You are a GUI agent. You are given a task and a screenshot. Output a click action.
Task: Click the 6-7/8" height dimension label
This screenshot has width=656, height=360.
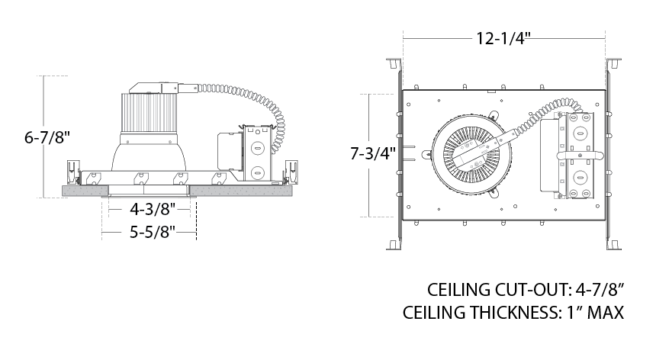click(47, 137)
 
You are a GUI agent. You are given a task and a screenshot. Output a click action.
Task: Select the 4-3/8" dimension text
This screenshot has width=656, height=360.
click(153, 209)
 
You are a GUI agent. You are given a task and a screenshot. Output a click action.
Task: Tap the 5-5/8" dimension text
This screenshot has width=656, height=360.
click(153, 232)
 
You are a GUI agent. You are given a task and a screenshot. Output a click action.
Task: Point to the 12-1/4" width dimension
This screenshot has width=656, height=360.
click(503, 38)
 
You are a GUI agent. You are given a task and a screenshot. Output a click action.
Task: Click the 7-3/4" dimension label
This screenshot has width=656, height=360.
click(373, 153)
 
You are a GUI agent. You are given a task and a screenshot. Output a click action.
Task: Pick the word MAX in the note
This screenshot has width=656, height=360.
click(606, 313)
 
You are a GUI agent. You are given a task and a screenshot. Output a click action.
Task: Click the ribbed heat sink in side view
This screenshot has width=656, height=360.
click(150, 112)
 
